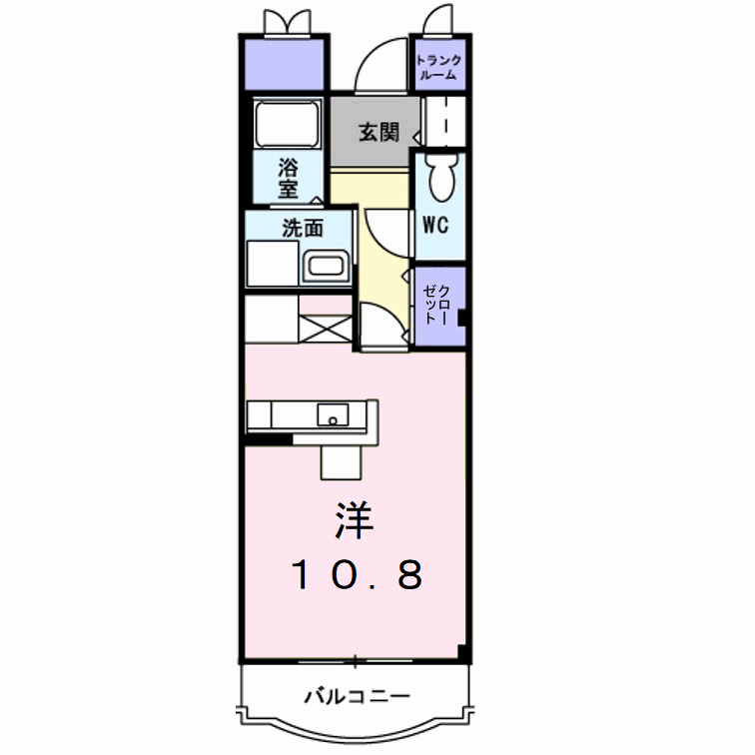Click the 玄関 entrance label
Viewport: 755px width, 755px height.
tap(379, 132)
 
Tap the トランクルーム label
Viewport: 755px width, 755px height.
tap(437, 66)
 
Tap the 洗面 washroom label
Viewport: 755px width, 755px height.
tap(303, 228)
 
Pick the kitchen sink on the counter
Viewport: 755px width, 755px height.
tap(332, 413)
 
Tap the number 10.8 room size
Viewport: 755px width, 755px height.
tap(358, 574)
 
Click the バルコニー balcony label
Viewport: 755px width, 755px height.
tap(357, 694)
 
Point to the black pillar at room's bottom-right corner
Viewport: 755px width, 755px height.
tap(462, 653)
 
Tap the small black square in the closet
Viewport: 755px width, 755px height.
tap(462, 320)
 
